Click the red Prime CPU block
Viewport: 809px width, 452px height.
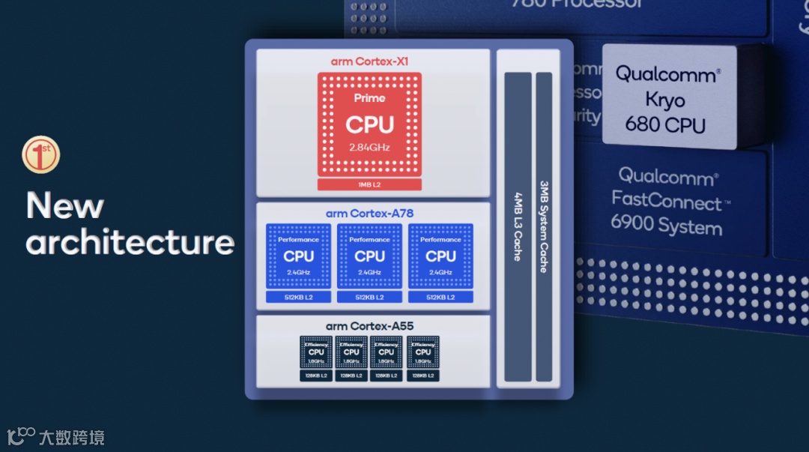369,124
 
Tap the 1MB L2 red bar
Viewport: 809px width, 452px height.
369,184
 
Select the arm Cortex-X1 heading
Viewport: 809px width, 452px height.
369,61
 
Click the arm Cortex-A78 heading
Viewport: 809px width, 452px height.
369,214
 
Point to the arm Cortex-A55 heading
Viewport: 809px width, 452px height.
369,326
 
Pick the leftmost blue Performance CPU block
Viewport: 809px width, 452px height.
298,256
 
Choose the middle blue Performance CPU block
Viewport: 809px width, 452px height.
369,256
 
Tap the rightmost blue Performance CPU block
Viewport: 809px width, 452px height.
440,256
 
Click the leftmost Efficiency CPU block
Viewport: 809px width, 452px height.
316,352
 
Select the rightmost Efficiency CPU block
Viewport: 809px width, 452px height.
423,352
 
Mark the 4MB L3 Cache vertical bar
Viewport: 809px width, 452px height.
518,227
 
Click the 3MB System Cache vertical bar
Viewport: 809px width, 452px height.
544,227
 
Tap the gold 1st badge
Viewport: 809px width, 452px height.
40,155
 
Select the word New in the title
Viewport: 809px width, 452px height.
65,205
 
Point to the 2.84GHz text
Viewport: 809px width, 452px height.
369,147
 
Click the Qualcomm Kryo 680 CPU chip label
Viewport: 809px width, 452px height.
667,99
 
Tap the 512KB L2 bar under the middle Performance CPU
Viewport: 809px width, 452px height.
369,297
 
